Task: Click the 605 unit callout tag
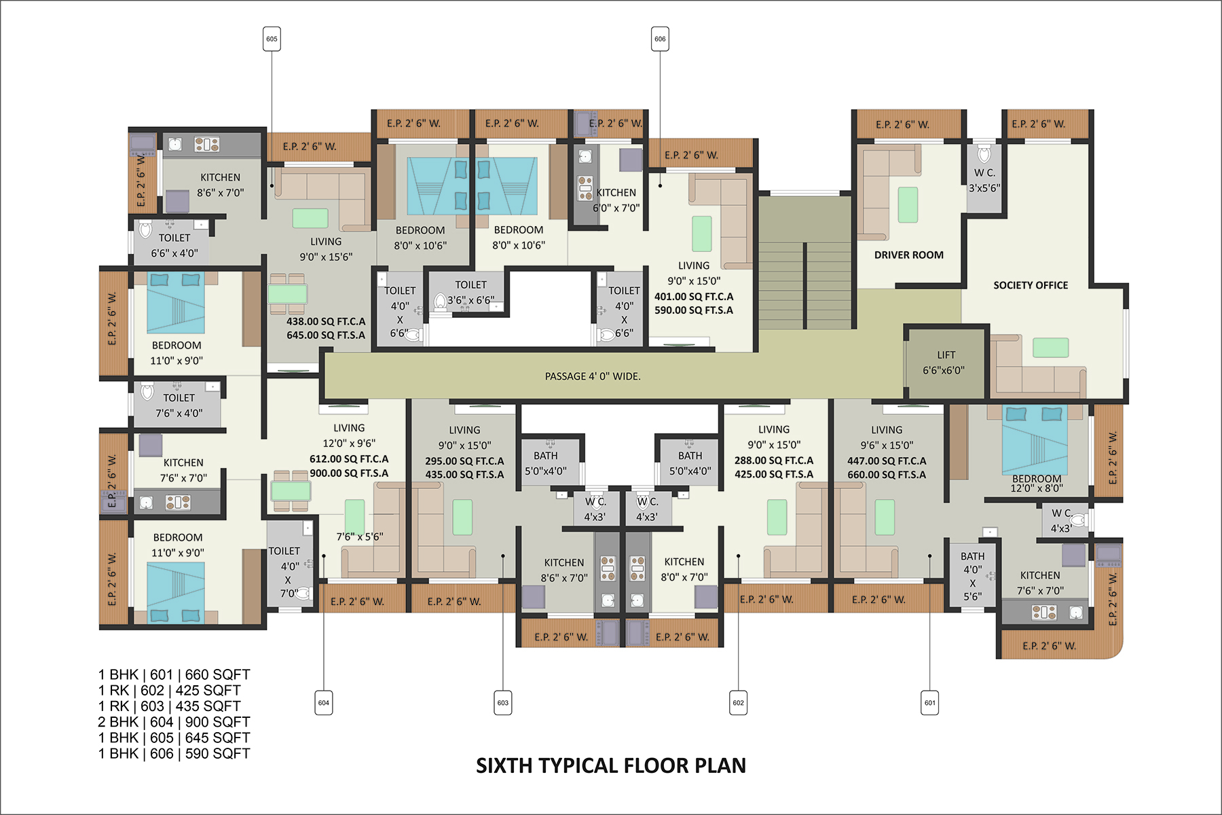click(272, 39)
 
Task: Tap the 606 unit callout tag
click(660, 39)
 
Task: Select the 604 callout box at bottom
click(324, 703)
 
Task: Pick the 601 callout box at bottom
click(929, 703)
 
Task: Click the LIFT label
click(946, 355)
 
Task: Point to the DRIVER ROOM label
click(908, 255)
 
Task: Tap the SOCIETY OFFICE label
click(1031, 285)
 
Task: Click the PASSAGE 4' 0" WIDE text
click(593, 376)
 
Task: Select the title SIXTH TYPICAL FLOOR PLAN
click(611, 765)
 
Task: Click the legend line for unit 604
click(174, 722)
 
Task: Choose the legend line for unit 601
click(174, 675)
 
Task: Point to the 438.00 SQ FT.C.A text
click(326, 321)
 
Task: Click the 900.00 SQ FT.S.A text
click(349, 473)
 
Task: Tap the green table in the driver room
click(908, 204)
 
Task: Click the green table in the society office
click(1050, 348)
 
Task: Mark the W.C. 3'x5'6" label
click(984, 181)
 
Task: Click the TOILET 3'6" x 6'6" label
click(470, 292)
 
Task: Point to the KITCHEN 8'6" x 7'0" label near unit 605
click(220, 185)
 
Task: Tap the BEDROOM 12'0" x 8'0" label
click(1037, 483)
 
